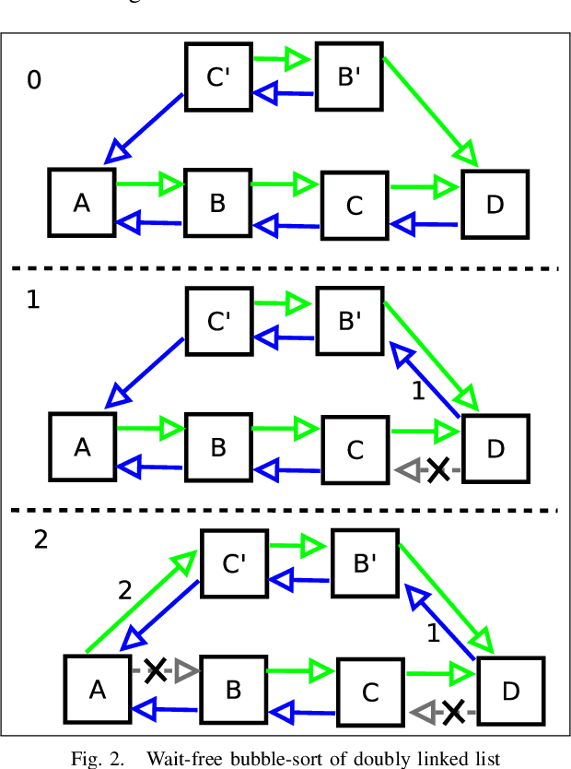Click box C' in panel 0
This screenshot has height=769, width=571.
click(218, 77)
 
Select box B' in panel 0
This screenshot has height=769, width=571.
click(349, 77)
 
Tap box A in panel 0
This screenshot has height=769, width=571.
click(82, 202)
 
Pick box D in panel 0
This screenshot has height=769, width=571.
click(495, 204)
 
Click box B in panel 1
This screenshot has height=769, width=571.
click(218, 448)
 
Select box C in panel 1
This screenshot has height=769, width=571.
click(355, 451)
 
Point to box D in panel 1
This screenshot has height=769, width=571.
click(495, 449)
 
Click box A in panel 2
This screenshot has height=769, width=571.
click(97, 688)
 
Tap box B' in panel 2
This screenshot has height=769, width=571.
click(365, 563)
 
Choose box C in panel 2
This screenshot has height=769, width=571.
click(370, 692)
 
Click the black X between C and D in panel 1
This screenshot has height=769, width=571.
click(438, 469)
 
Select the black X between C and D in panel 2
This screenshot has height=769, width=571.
click(453, 710)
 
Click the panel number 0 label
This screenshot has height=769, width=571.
click(34, 81)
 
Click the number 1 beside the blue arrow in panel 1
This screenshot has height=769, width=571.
click(417, 391)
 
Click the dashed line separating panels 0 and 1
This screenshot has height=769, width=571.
click(285, 268)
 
